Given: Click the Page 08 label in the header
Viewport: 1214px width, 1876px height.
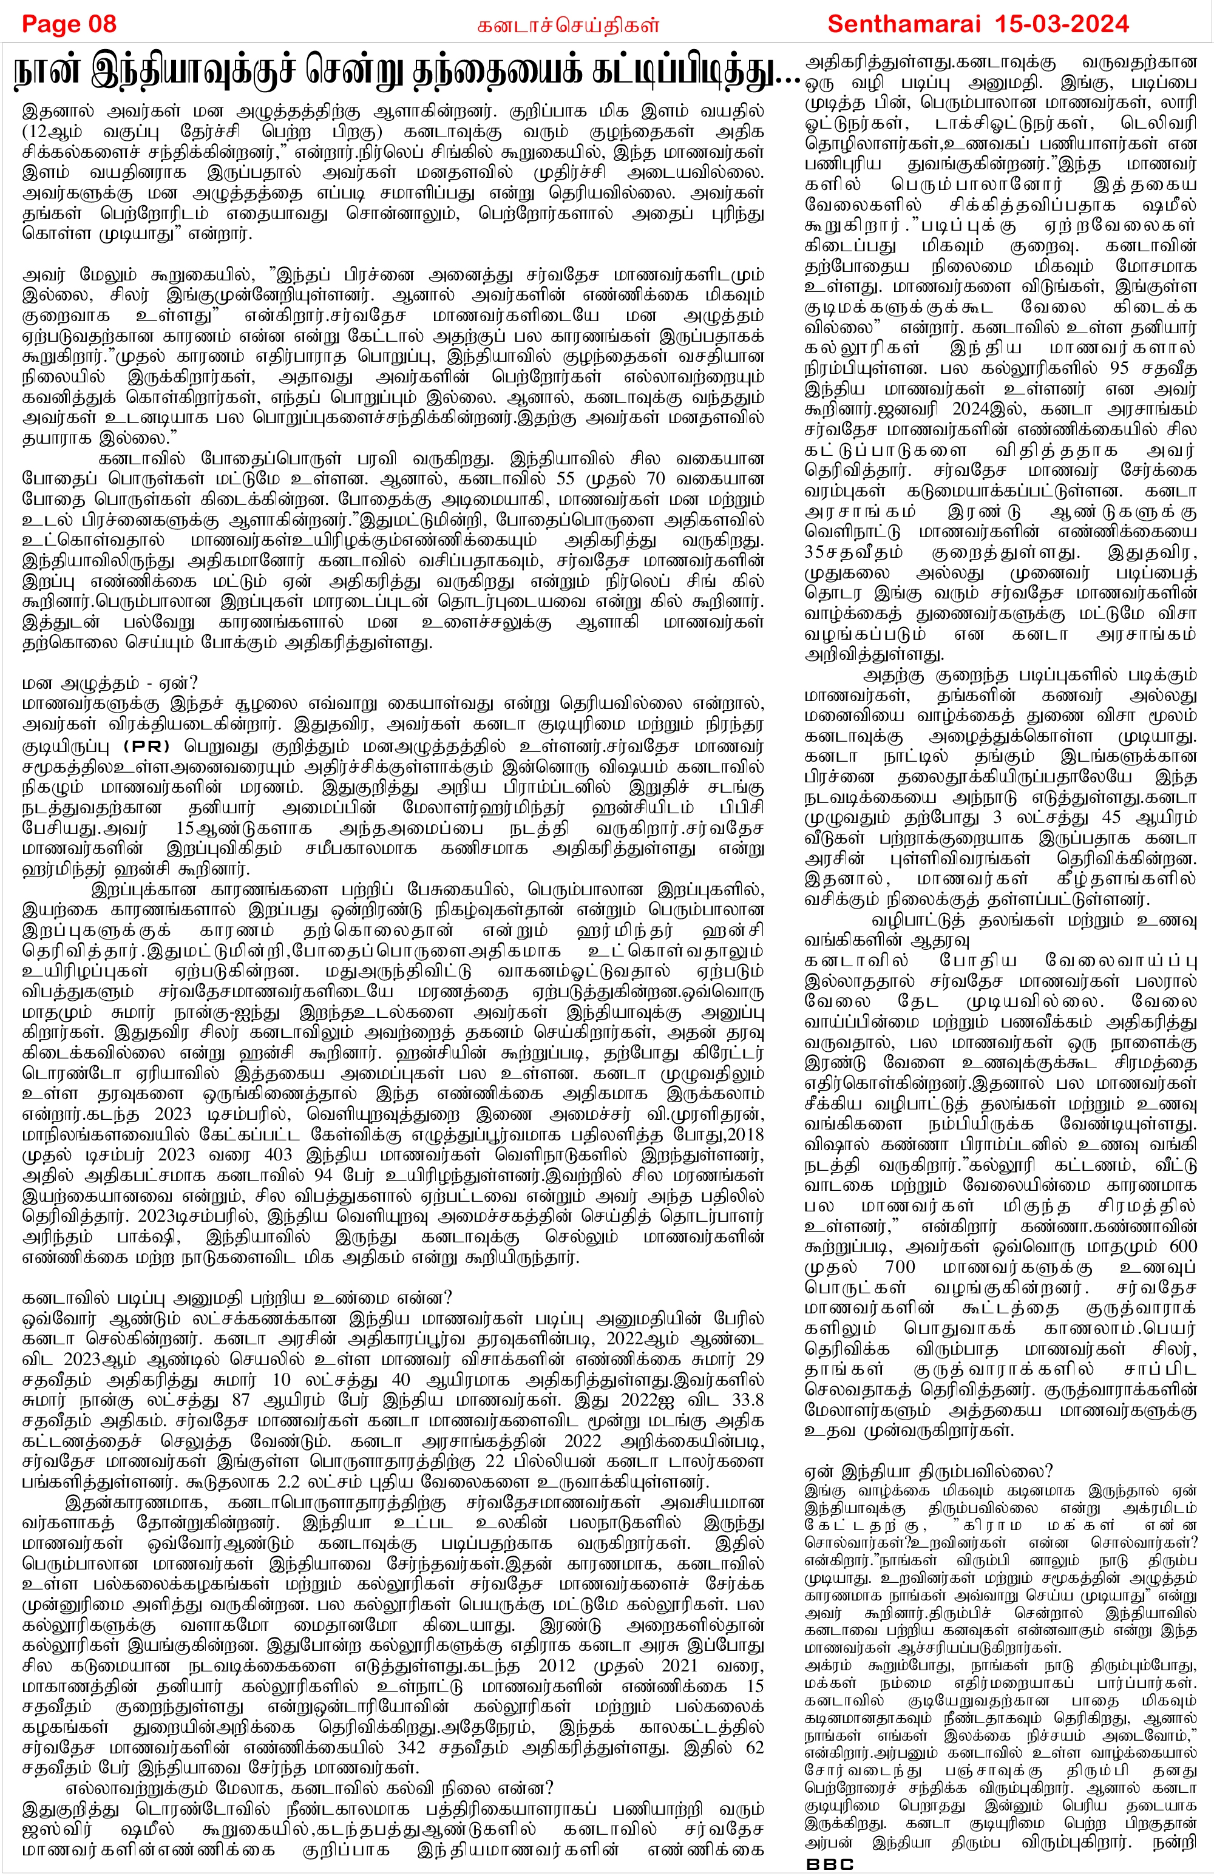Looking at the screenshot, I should coord(69,24).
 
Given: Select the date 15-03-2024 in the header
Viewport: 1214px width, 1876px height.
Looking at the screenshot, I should coord(1072,24).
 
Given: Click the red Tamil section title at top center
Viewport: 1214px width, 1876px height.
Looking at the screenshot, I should coord(568,25).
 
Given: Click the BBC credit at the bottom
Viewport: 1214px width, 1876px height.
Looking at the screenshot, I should coord(830,1864).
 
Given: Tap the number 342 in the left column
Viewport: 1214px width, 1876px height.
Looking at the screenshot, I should coord(412,1747).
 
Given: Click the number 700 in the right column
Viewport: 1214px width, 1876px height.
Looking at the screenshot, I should coord(900,1267).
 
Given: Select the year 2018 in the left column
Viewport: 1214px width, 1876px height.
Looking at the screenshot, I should coord(746,1134).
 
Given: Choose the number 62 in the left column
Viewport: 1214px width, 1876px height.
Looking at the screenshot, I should coord(755,1747).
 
